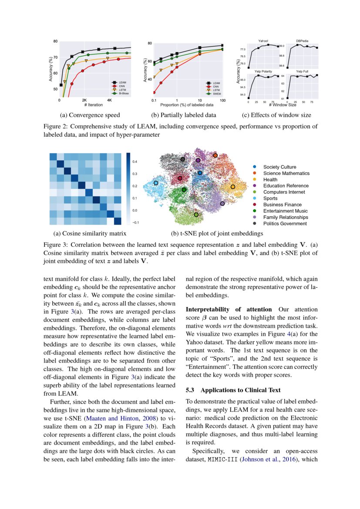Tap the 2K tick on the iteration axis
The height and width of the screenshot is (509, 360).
84,100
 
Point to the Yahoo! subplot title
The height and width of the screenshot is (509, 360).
263,41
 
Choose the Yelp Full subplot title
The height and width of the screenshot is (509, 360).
302,71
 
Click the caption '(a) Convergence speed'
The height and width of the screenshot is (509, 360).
90,115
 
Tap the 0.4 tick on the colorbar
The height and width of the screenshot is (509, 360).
135,162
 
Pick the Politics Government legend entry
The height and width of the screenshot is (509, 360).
285,223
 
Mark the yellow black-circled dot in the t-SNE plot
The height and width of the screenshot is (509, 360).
233,187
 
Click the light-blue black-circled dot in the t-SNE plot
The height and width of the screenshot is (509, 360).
156,183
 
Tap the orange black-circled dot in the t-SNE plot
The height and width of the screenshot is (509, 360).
215,155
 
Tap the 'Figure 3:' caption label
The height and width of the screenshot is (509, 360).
55,244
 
